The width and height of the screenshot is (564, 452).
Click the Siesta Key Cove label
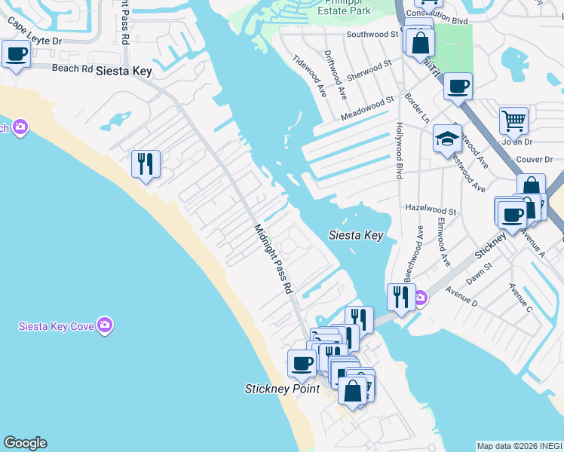57,326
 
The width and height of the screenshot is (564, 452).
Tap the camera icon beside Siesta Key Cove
105,325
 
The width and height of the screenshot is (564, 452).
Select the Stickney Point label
282,389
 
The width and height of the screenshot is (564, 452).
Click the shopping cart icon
513,120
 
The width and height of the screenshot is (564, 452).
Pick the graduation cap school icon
447,139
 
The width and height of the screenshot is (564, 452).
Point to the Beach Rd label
72,69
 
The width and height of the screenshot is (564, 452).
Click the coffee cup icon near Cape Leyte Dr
16,54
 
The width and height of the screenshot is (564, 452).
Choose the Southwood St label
372,35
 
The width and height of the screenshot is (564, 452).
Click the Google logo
25,443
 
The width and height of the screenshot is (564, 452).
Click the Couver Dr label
537,160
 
